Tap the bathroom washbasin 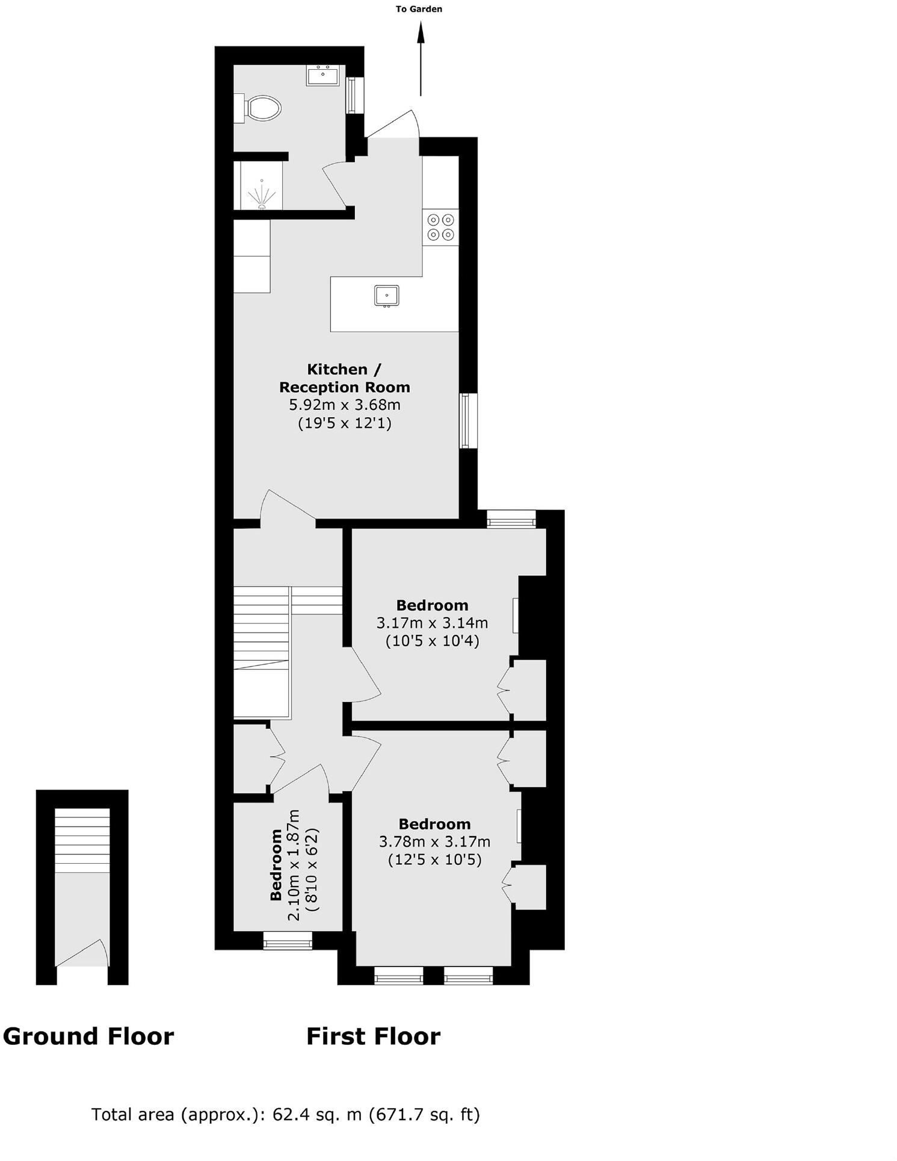pos(324,76)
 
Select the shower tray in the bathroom pos(261,186)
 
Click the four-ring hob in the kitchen pos(440,227)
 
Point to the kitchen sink pos(386,296)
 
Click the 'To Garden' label pos(419,9)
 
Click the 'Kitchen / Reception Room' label pos(344,378)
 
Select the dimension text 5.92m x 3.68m pos(345,404)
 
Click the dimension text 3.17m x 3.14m pos(432,622)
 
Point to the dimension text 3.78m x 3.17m pos(434,841)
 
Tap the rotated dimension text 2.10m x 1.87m pos(294,865)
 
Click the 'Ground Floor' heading pos(88,1036)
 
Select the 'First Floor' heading pos(373,1036)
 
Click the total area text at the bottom pos(285,1115)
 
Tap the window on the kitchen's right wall pos(468,421)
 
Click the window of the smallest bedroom pos(288,941)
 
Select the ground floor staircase pos(82,840)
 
